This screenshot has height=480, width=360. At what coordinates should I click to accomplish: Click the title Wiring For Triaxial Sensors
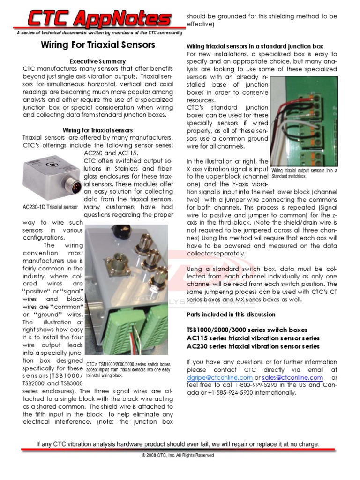97,45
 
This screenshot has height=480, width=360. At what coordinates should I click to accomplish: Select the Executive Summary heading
97,61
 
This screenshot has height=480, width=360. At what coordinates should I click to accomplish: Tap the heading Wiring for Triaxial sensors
97,130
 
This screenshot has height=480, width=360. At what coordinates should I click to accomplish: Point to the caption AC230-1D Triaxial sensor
50,207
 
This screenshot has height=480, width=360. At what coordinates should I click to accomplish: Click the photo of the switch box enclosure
127,291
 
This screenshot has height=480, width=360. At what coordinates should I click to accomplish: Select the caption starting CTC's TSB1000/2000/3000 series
128,369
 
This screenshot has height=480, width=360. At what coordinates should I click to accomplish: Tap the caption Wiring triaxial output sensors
304,173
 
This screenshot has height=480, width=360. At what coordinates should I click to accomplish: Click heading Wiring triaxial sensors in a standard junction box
255,46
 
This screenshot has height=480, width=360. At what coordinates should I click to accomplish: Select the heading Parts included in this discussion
231,314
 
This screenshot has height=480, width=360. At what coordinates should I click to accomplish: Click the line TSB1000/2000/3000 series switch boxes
247,330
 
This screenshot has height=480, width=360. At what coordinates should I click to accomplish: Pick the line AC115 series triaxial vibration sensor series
253,338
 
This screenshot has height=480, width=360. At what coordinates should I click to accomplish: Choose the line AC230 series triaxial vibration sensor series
253,346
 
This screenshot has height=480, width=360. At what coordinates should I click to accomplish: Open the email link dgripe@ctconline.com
220,377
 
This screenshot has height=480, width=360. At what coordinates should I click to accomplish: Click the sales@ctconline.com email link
292,377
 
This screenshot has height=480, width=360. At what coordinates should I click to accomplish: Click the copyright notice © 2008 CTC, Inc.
178,455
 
